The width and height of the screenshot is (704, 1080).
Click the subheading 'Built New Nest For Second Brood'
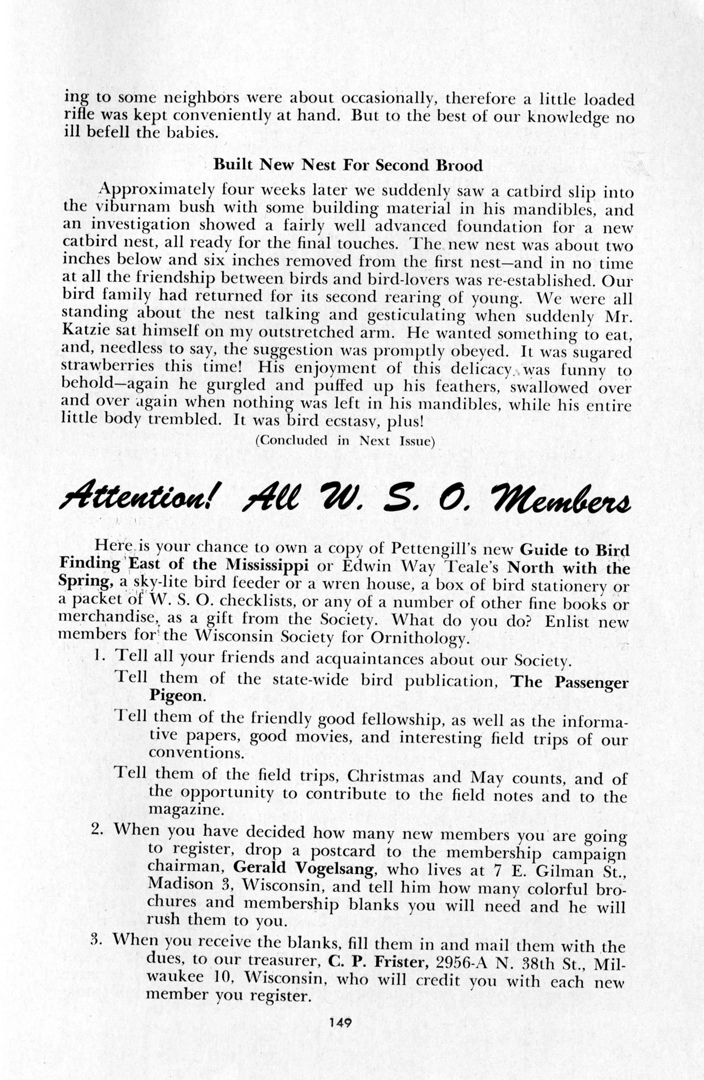click(x=348, y=165)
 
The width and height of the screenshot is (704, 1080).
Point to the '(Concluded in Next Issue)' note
click(x=345, y=441)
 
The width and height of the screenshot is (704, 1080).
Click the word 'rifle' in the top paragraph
click(x=80, y=115)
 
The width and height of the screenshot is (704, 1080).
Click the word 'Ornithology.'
click(x=418, y=638)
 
